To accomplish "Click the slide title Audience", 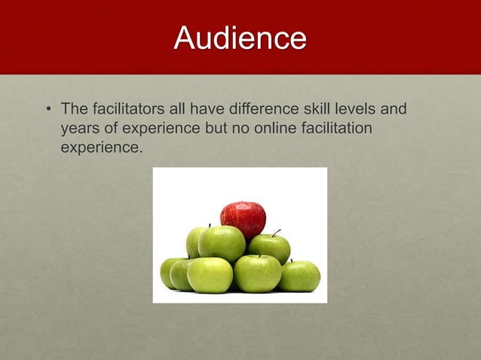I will (x=240, y=38).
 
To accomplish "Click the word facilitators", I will (x=122, y=111).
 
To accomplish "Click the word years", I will (x=79, y=129).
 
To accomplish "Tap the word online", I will (x=277, y=129).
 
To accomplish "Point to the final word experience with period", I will (x=101, y=148).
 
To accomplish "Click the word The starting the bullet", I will (x=75, y=111).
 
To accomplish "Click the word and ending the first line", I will (x=394, y=111).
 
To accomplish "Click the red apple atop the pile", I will (x=243, y=218).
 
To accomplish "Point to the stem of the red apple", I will (x=243, y=203).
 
